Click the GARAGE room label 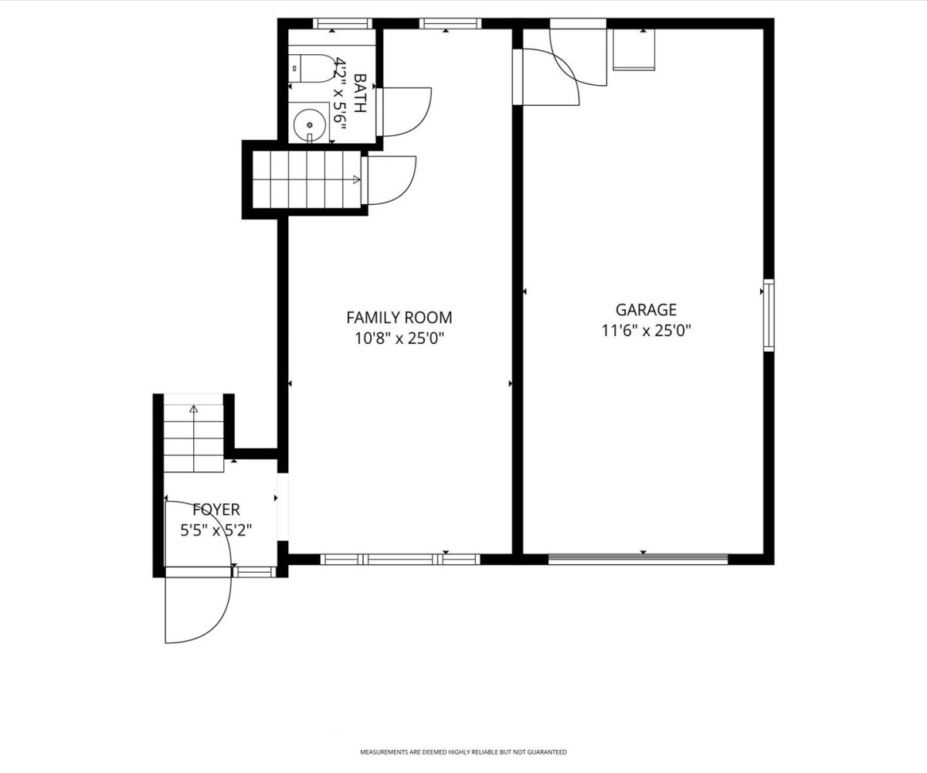[x=646, y=309]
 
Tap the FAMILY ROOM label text [x=399, y=318]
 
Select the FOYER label [x=216, y=509]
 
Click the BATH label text [x=360, y=93]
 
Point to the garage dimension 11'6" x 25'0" [x=646, y=331]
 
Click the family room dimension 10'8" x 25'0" [x=399, y=339]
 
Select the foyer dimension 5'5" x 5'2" [x=216, y=530]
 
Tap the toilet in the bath [x=311, y=69]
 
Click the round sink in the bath [x=310, y=124]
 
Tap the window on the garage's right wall [x=769, y=315]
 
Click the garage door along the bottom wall [x=638, y=560]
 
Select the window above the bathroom [x=342, y=23]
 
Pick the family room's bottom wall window [x=400, y=560]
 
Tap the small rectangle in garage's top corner [x=634, y=49]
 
